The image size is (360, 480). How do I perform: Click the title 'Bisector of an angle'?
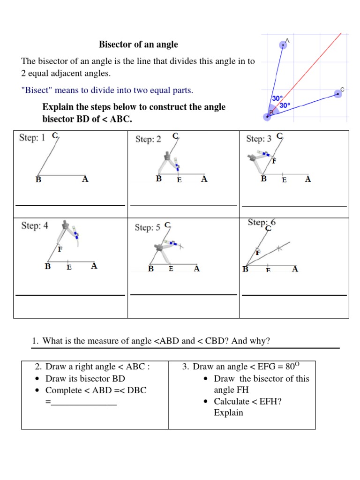point(138,45)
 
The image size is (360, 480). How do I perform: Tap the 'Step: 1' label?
point(32,138)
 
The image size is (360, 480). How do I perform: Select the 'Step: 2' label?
point(148,139)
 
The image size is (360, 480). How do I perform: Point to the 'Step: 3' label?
point(259,139)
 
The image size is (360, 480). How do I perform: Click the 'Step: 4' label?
point(35,226)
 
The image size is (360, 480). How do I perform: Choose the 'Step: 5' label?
point(147,228)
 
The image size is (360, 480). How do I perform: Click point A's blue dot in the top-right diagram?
point(283,45)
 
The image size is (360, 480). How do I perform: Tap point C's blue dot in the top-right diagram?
point(337,94)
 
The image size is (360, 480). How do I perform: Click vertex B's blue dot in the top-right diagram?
point(267,116)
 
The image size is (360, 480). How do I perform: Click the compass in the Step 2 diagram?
point(170,159)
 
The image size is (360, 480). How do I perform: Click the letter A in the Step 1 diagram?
point(85,179)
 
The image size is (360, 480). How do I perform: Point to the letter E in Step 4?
point(69,268)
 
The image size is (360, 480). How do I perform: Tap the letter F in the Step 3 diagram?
point(274,161)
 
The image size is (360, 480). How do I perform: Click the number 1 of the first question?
point(35,341)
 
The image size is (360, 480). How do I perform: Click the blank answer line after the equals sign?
point(83,402)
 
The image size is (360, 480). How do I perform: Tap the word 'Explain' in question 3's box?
point(228,413)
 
